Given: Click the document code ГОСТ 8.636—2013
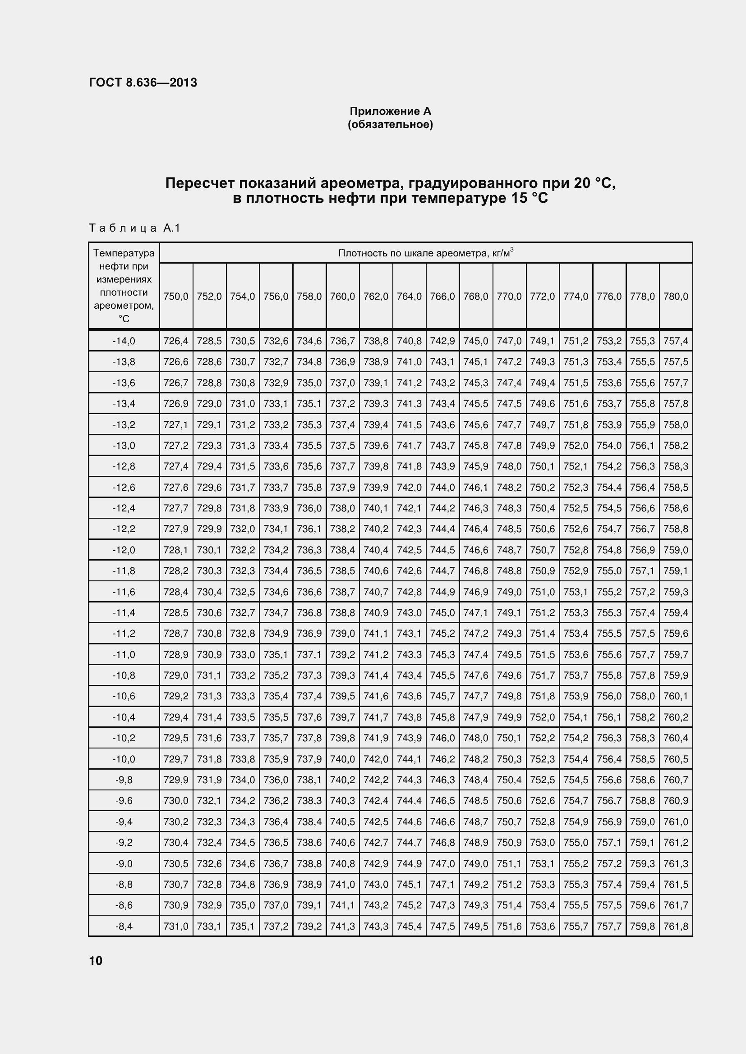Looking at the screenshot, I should [x=143, y=82].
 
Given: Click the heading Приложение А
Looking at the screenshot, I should [x=390, y=111].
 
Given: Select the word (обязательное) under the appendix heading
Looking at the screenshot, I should [x=390, y=124].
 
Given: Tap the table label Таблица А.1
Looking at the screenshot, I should [x=134, y=228].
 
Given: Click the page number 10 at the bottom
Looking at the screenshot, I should [x=96, y=960].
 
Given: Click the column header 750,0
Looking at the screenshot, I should [x=176, y=297].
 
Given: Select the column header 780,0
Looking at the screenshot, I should [x=676, y=297].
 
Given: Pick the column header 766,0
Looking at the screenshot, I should [x=442, y=297].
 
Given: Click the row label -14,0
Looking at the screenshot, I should [x=124, y=341].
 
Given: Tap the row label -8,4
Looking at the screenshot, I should [x=124, y=926].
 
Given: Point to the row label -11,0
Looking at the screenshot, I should [x=124, y=655].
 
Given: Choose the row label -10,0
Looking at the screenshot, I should [x=124, y=759].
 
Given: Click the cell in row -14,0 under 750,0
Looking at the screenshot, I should [x=176, y=341].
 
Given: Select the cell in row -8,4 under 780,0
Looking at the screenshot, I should [x=676, y=926].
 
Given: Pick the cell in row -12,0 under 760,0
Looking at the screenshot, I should [x=343, y=550].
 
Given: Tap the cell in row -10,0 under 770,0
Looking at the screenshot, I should [x=509, y=759].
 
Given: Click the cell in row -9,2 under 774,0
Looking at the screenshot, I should [x=576, y=843].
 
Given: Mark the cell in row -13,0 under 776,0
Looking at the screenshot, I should [x=609, y=446].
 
